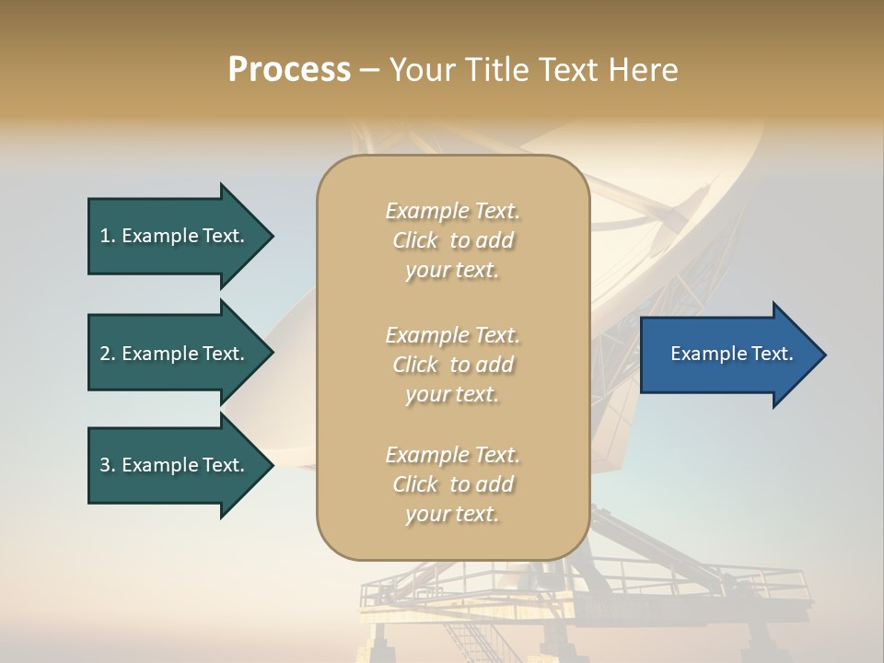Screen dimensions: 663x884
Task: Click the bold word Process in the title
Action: tap(289, 70)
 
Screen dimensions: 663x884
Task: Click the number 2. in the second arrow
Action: tap(108, 354)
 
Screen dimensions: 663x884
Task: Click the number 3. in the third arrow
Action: tap(108, 465)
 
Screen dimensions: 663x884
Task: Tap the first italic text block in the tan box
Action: tap(452, 240)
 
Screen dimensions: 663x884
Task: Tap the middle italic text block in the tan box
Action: tap(452, 365)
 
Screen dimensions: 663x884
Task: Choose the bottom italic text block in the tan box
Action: tap(452, 484)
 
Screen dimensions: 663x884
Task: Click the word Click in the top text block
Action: tap(415, 240)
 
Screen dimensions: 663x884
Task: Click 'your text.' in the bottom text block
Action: tap(452, 514)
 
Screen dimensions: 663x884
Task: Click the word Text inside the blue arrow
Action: tap(772, 354)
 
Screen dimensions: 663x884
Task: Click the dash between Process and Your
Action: tap(369, 71)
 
